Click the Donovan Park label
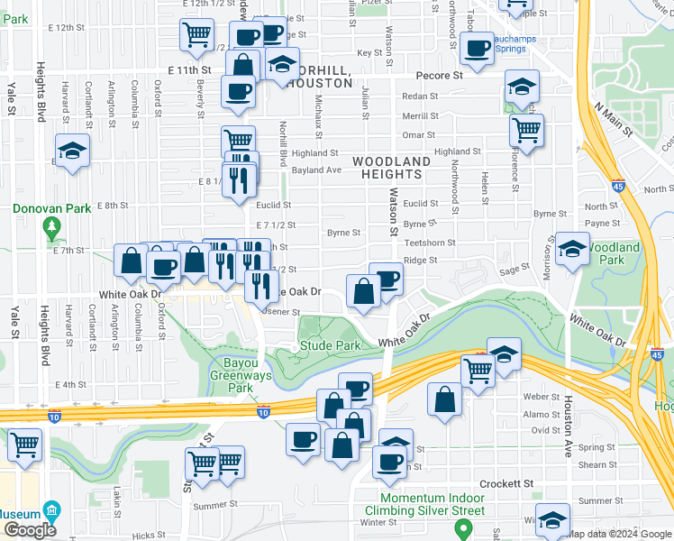coord(51,208)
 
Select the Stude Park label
coord(330,345)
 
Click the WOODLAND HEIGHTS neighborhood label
coord(391,168)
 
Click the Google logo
coord(30,530)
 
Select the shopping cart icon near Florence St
coord(526,128)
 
